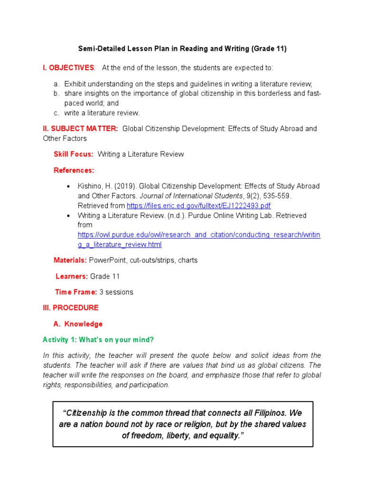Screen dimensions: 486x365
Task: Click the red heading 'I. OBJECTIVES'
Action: tap(69, 68)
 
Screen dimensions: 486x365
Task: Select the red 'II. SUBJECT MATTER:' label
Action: tap(80, 129)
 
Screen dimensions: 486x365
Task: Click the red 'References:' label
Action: tap(74, 170)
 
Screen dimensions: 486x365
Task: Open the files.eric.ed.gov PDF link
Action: tap(199, 206)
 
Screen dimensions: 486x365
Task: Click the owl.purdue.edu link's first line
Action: tap(199, 235)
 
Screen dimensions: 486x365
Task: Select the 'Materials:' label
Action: tap(70, 260)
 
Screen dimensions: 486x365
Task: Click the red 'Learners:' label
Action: tap(72, 276)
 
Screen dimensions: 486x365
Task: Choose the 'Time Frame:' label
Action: tap(76, 292)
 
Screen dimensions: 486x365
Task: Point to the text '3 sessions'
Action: tap(116, 292)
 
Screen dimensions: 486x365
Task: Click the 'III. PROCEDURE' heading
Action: tap(71, 308)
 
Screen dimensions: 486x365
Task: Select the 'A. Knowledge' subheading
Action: tap(78, 324)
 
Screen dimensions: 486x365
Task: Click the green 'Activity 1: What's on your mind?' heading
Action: tap(98, 340)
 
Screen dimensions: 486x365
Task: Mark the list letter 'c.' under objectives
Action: tap(57, 113)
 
